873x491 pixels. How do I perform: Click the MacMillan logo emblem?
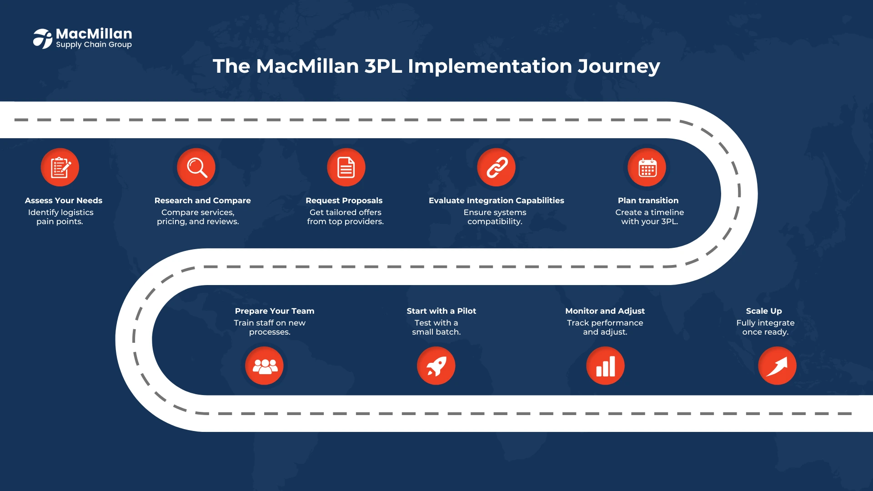(x=43, y=39)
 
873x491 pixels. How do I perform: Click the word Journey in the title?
(x=619, y=67)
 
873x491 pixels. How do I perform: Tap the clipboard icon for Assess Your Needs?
(x=60, y=167)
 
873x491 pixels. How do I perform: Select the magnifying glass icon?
(x=196, y=167)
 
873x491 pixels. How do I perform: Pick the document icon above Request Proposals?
(x=346, y=167)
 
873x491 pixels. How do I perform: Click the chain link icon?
(x=497, y=167)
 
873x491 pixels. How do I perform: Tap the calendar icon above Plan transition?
(x=647, y=167)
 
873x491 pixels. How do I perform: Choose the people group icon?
(x=265, y=366)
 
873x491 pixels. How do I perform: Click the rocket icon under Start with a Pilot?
(x=436, y=366)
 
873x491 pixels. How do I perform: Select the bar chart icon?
(x=605, y=366)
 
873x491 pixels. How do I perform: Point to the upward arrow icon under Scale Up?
(x=777, y=366)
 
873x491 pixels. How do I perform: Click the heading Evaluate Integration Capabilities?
(x=497, y=200)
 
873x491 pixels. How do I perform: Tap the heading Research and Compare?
(x=203, y=200)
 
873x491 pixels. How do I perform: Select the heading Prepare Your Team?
(x=275, y=311)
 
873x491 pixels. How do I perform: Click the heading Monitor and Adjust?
(x=605, y=311)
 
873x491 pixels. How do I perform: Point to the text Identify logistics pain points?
(x=60, y=217)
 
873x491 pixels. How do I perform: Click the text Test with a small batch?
(x=436, y=327)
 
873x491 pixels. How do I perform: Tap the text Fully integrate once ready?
(x=766, y=327)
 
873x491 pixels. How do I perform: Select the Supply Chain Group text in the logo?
(x=94, y=45)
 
